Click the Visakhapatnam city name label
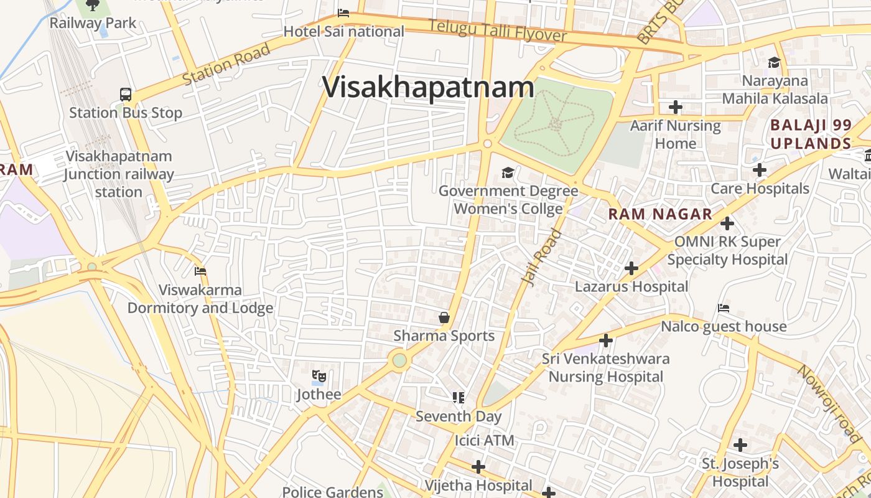[x=428, y=87]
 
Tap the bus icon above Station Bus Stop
[x=126, y=95]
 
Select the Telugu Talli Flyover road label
[x=498, y=30]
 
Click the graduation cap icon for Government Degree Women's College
[x=508, y=172]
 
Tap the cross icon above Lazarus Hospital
[x=631, y=268]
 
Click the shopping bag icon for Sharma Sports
[x=444, y=318]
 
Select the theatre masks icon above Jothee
[x=319, y=376]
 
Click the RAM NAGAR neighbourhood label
[x=660, y=214]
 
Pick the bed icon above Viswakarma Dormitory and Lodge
[x=200, y=271]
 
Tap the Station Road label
[x=226, y=65]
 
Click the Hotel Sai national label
[x=343, y=31]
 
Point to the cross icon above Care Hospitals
[x=759, y=170]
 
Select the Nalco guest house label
[x=724, y=326]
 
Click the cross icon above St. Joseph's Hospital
[x=740, y=445]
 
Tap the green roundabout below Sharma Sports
[x=399, y=360]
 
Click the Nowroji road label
[x=829, y=405]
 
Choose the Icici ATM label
[x=485, y=441]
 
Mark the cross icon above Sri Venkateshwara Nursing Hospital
[x=605, y=341]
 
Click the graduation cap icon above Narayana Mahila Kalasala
[x=775, y=63]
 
